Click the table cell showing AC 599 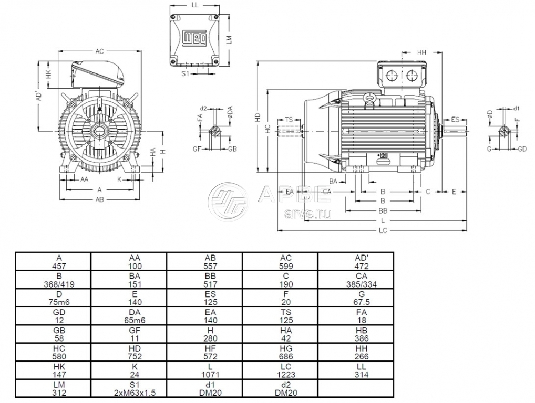pyautogui.click(x=280, y=261)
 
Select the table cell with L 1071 pyautogui.click(x=204, y=370)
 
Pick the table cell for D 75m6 pyautogui.click(x=53, y=297)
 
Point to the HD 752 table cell pyautogui.click(x=129, y=352)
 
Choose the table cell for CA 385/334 pyautogui.click(x=356, y=279)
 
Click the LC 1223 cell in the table pyautogui.click(x=280, y=370)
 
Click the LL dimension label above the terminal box pyautogui.click(x=195, y=5)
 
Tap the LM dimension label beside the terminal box pyautogui.click(x=228, y=39)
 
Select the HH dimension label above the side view pyautogui.click(x=421, y=53)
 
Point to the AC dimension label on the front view pyautogui.click(x=99, y=51)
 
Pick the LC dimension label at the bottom pyautogui.click(x=383, y=231)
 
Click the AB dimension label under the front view pyautogui.click(x=99, y=199)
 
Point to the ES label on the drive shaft pyautogui.click(x=456, y=120)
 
